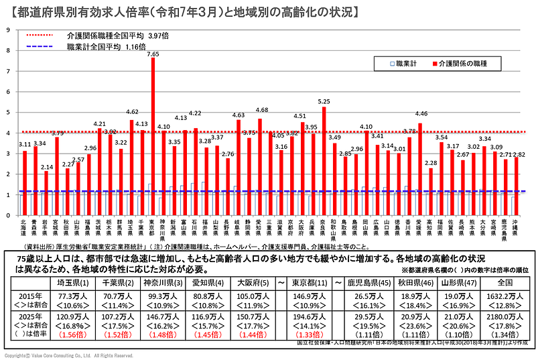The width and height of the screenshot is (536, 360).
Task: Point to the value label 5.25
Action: [324, 101]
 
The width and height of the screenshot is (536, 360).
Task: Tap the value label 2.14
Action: [46, 166]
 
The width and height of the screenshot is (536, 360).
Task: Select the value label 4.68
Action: [261, 110]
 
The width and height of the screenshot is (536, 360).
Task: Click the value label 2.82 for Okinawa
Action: [519, 154]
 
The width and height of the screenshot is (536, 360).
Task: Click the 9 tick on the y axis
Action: [7, 29]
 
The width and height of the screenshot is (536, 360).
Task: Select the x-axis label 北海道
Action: [24, 226]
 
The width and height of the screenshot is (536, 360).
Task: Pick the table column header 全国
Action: [505, 283]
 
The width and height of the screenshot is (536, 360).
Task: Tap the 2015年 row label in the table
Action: [29, 295]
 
